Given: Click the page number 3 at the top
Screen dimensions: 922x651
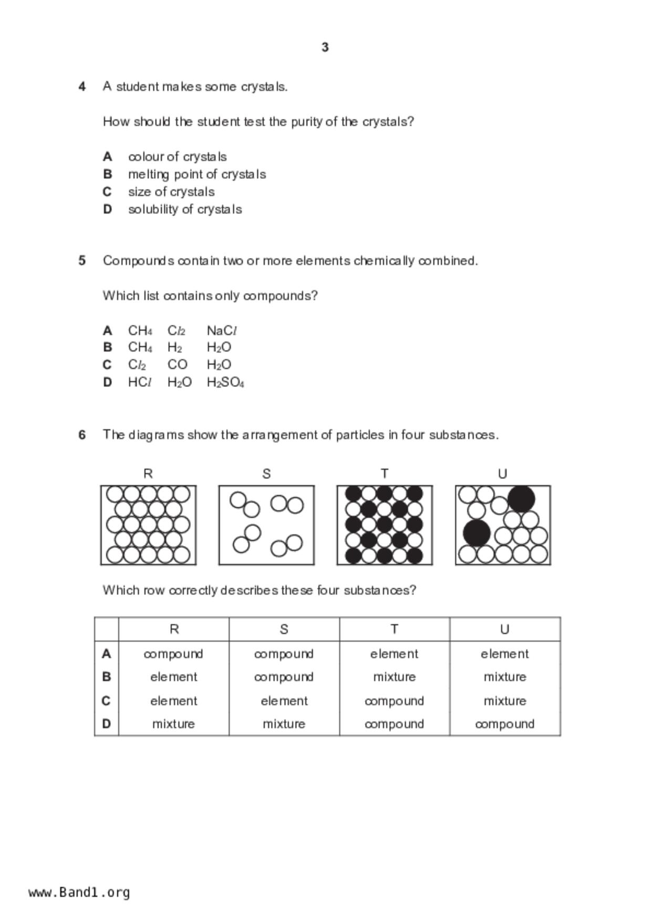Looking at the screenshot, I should (325, 47).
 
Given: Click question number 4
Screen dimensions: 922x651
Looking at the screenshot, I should (82, 86).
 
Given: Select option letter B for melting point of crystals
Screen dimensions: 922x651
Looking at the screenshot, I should (107, 174).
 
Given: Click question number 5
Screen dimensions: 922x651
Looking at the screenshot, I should (82, 261).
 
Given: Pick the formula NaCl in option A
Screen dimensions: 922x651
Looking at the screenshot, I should (222, 331).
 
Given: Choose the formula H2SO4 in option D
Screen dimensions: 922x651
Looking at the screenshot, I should (225, 382).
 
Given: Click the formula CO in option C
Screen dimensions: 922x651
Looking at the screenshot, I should (177, 365).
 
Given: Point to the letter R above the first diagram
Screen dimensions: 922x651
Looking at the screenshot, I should (148, 474).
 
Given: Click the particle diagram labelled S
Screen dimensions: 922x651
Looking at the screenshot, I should (266, 525).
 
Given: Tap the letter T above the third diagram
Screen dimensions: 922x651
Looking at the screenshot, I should (385, 474).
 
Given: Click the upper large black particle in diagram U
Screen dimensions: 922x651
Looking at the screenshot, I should (521, 499).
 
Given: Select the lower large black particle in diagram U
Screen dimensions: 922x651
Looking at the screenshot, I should (477, 533).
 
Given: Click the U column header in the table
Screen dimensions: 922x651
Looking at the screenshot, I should (504, 629).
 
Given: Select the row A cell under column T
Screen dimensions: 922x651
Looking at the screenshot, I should (394, 654).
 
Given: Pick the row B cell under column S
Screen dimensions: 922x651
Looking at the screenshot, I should (284, 677).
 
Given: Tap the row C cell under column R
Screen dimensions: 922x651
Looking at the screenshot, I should (173, 701).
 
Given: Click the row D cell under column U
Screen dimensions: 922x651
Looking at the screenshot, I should (504, 724).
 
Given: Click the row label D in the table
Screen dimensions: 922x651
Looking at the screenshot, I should (107, 724).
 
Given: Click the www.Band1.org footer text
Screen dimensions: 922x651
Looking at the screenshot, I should (79, 893).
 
